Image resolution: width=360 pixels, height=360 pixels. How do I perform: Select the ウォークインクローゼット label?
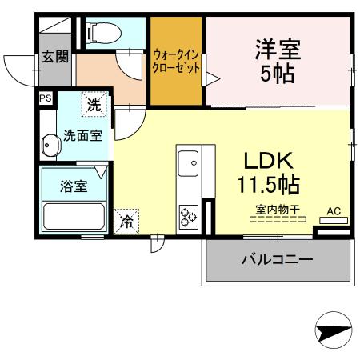click(x=176, y=61)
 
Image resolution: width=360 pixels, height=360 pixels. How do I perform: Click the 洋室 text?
click(x=278, y=49)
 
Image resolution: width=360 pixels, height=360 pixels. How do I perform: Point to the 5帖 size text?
click(x=278, y=74)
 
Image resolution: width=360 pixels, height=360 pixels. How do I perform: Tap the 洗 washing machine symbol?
click(x=94, y=104)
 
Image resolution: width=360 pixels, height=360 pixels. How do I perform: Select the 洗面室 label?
click(x=82, y=135)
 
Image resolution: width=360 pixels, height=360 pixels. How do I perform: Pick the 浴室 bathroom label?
click(x=74, y=186)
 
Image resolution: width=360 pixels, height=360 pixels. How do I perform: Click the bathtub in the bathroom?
click(x=74, y=217)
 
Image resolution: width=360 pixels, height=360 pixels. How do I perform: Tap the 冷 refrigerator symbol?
click(x=126, y=221)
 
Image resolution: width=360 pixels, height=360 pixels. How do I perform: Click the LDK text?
click(x=267, y=158)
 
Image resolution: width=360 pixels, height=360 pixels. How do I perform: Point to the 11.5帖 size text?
click(x=267, y=185)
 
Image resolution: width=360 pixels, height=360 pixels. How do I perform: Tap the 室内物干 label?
click(x=277, y=210)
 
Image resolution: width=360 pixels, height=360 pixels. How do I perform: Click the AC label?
click(x=334, y=212)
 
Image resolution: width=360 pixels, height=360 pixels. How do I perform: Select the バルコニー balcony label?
click(x=277, y=260)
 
